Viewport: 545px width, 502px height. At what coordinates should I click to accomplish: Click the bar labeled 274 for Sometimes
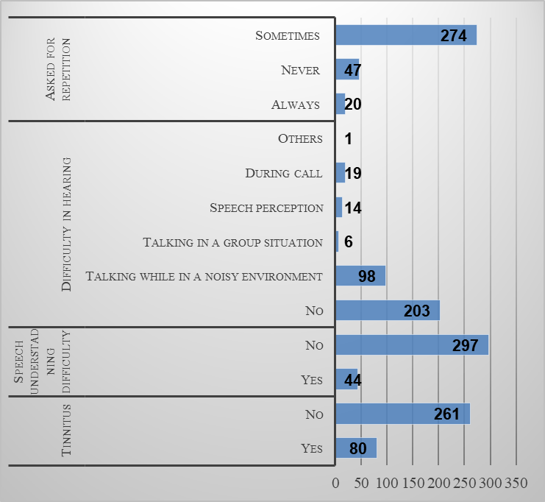point(406,35)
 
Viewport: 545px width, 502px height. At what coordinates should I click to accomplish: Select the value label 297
point(465,345)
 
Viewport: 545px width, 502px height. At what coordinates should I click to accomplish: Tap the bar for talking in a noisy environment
point(360,276)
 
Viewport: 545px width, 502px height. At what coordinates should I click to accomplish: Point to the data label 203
point(417,311)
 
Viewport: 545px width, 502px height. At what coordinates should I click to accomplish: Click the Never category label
point(301,70)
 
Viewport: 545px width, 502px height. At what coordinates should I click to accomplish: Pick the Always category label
point(296,105)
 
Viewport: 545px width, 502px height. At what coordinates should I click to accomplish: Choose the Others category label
point(300,138)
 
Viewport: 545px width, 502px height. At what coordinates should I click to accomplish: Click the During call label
point(284,173)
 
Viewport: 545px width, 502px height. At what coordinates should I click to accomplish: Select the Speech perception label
point(266,208)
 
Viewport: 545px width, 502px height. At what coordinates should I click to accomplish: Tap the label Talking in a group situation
point(233,242)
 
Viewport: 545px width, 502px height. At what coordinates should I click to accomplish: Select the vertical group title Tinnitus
point(67,430)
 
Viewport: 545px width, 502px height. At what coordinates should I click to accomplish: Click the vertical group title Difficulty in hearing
point(67,224)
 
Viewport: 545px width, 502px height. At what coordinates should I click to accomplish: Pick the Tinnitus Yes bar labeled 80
point(356,448)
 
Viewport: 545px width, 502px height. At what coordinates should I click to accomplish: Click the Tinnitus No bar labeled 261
point(402,414)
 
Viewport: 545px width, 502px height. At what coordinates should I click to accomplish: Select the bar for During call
point(340,173)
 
